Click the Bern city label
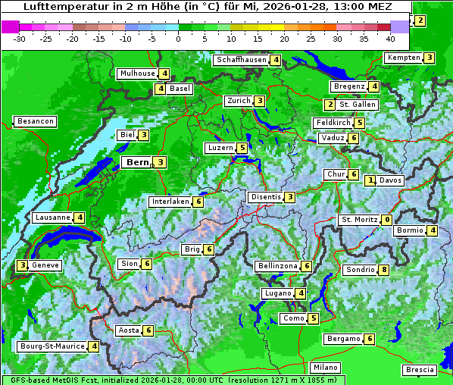tap(137, 162)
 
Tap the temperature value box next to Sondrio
tap(384, 270)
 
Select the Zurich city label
tap(239, 101)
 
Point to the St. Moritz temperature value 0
tap(386, 220)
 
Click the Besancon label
tap(35, 121)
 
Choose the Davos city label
tap(391, 180)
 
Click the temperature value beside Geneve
tap(23, 265)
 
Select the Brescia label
tap(420, 370)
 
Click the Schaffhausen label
tap(240, 60)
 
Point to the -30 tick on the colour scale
tap(20, 38)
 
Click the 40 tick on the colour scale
tap(390, 38)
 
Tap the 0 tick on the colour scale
tap(178, 38)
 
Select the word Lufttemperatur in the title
tap(58, 6)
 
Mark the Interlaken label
tap(170, 202)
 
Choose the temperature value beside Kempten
tap(429, 58)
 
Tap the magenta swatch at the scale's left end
tap(11, 27)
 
